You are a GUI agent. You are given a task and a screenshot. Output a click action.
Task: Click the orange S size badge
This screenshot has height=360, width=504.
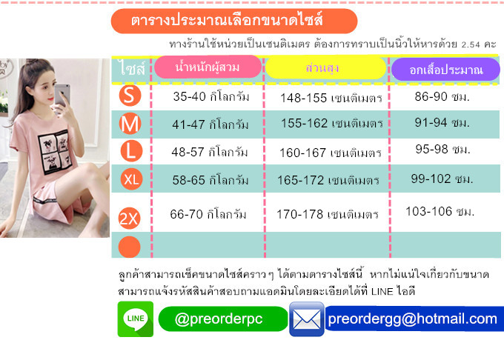pyautogui.click(x=130, y=96)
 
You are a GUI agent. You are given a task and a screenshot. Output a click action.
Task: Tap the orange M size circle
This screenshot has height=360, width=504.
pyautogui.click(x=130, y=124)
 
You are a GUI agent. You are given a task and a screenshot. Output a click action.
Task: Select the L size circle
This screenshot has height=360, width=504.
pyautogui.click(x=131, y=151)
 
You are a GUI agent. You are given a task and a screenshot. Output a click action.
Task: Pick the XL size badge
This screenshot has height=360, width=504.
pyautogui.click(x=131, y=179)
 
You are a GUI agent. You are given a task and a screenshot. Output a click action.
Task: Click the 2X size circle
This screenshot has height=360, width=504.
pyautogui.click(x=129, y=219)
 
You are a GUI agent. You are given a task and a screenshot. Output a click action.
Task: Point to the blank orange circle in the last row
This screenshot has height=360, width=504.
pyautogui.click(x=129, y=247)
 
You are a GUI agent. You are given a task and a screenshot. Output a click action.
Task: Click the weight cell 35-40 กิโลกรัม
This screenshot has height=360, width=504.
pyautogui.click(x=210, y=96)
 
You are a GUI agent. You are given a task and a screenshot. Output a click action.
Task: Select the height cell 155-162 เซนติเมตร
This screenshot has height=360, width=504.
pyautogui.click(x=332, y=123)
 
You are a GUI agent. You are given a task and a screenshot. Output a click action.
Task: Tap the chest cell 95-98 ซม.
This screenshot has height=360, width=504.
pyautogui.click(x=442, y=149)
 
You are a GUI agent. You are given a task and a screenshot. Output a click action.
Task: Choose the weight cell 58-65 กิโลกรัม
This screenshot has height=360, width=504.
pyautogui.click(x=210, y=180)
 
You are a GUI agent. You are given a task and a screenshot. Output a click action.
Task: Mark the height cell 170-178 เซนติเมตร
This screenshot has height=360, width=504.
pyautogui.click(x=327, y=214)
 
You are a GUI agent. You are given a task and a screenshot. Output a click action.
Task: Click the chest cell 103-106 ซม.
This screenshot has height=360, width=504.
pyautogui.click(x=440, y=211)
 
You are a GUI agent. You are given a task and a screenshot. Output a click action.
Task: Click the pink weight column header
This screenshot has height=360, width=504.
pyautogui.click(x=208, y=67)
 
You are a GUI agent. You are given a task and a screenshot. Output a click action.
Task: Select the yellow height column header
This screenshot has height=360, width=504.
pyautogui.click(x=325, y=68)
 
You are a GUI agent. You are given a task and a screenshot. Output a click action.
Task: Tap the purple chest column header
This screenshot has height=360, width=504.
pyautogui.click(x=445, y=70)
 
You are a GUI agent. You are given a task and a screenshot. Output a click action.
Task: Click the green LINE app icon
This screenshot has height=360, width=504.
pyautogui.click(x=136, y=319)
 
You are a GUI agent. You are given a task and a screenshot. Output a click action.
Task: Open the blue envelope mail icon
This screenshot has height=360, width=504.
pyautogui.click(x=307, y=319)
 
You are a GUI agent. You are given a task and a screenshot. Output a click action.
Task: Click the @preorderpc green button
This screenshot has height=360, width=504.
pyautogui.click(x=223, y=319)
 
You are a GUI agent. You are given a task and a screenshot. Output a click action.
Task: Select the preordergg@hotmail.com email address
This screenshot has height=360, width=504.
pyautogui.click(x=412, y=319)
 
